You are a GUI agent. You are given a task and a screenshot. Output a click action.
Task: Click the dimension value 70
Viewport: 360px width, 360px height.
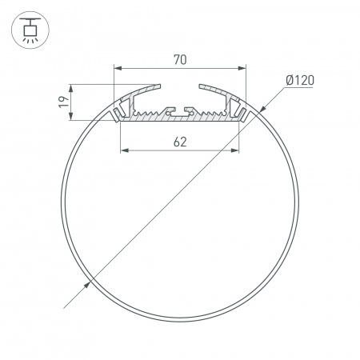coord(179,58)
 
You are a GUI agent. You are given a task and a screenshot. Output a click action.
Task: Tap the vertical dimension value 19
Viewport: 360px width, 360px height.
coord(62,102)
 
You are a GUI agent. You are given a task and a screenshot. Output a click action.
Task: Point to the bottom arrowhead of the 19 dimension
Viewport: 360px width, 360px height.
coord(73,118)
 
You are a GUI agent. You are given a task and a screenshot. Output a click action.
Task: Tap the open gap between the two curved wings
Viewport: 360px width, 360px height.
coord(180,86)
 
